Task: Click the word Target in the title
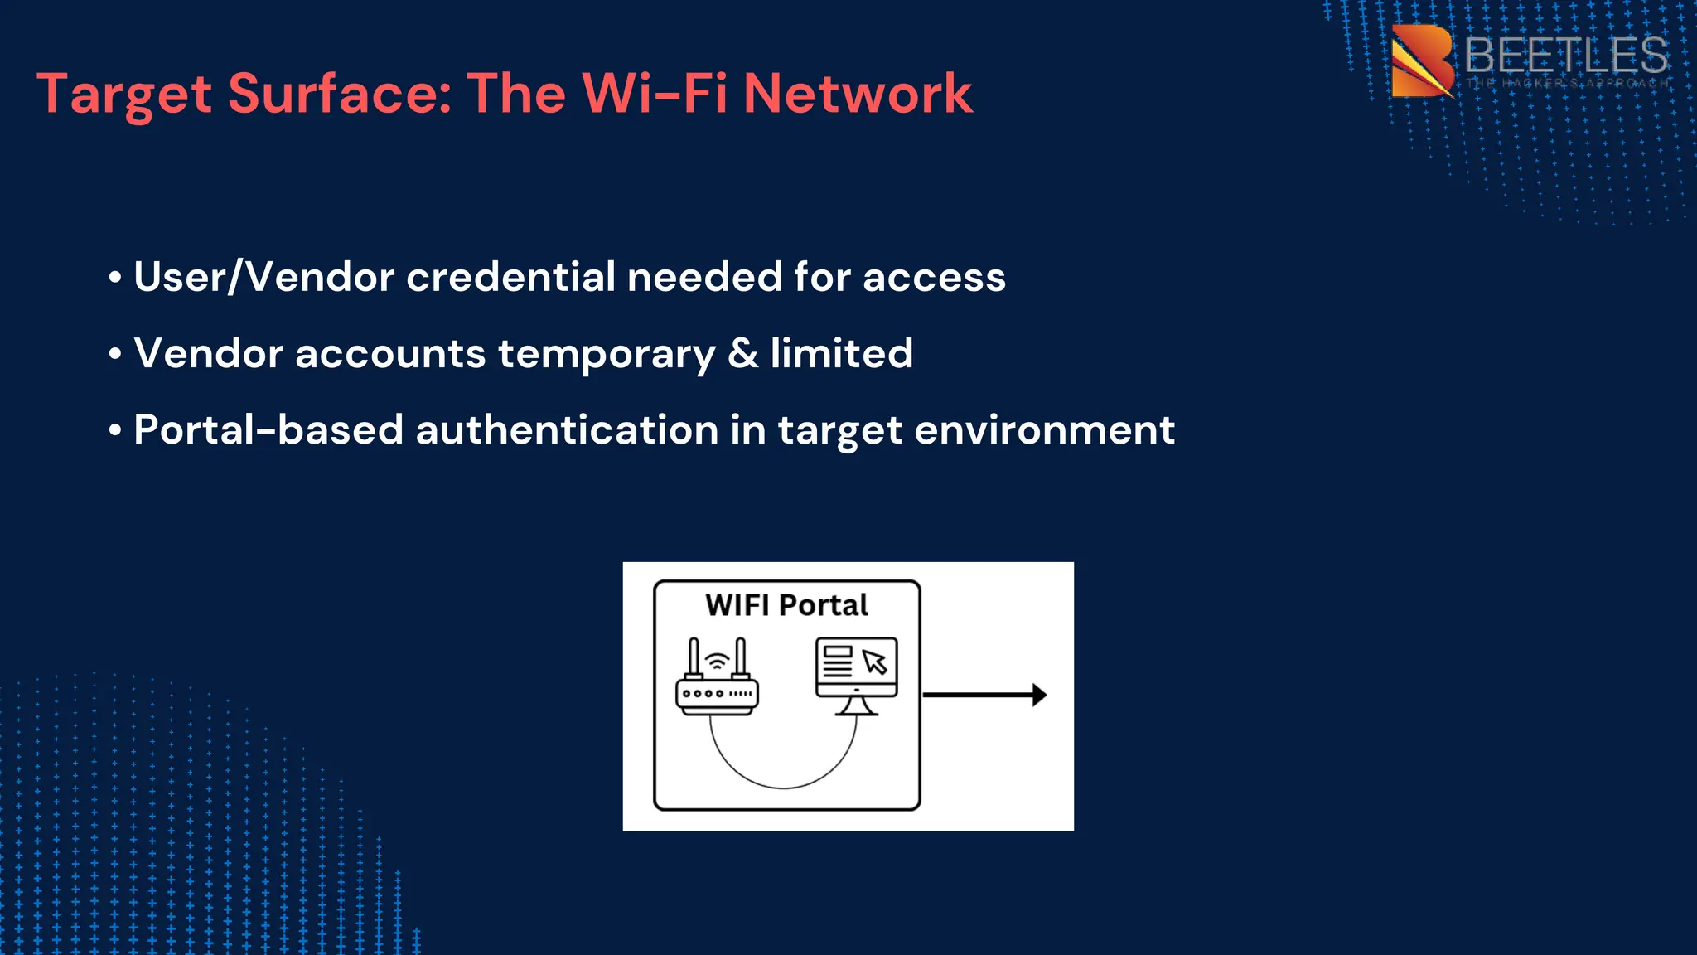[x=124, y=94]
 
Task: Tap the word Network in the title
[x=858, y=93]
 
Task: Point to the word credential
[x=510, y=277]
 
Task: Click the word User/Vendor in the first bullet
[x=263, y=277]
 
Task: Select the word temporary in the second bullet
[x=607, y=354]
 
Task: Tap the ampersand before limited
[x=742, y=353]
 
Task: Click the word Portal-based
[x=268, y=430]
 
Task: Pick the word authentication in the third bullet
[x=566, y=430]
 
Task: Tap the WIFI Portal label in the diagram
[x=786, y=605]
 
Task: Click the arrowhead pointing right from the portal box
[x=1039, y=695]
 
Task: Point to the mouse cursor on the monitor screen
[x=875, y=662]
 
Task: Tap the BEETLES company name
[x=1565, y=56]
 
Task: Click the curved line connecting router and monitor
[x=783, y=786]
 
